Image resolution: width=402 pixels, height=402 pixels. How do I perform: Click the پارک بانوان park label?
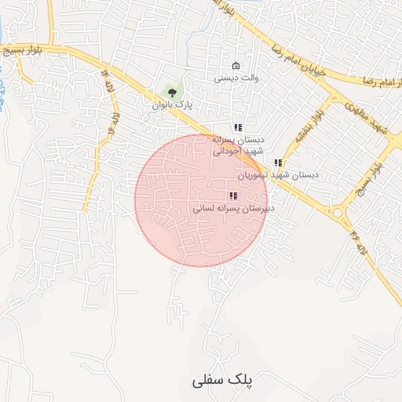(172, 104)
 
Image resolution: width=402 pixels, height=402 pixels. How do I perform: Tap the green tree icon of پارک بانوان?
(172, 93)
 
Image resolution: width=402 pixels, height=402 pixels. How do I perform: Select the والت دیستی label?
(236, 78)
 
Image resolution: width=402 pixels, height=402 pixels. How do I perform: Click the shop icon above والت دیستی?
(236, 65)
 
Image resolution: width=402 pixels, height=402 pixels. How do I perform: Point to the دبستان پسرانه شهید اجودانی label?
(239, 144)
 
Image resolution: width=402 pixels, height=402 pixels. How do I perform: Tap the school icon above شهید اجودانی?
(238, 127)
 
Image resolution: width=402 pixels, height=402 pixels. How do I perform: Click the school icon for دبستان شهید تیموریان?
(277, 163)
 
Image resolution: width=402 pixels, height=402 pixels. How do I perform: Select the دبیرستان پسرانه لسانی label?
(232, 209)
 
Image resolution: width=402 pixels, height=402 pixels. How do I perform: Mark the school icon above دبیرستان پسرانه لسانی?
(232, 196)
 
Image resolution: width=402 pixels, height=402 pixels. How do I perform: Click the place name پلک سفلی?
(222, 381)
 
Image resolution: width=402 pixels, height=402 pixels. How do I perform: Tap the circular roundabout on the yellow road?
(338, 213)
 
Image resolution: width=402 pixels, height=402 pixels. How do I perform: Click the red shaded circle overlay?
(202, 200)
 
